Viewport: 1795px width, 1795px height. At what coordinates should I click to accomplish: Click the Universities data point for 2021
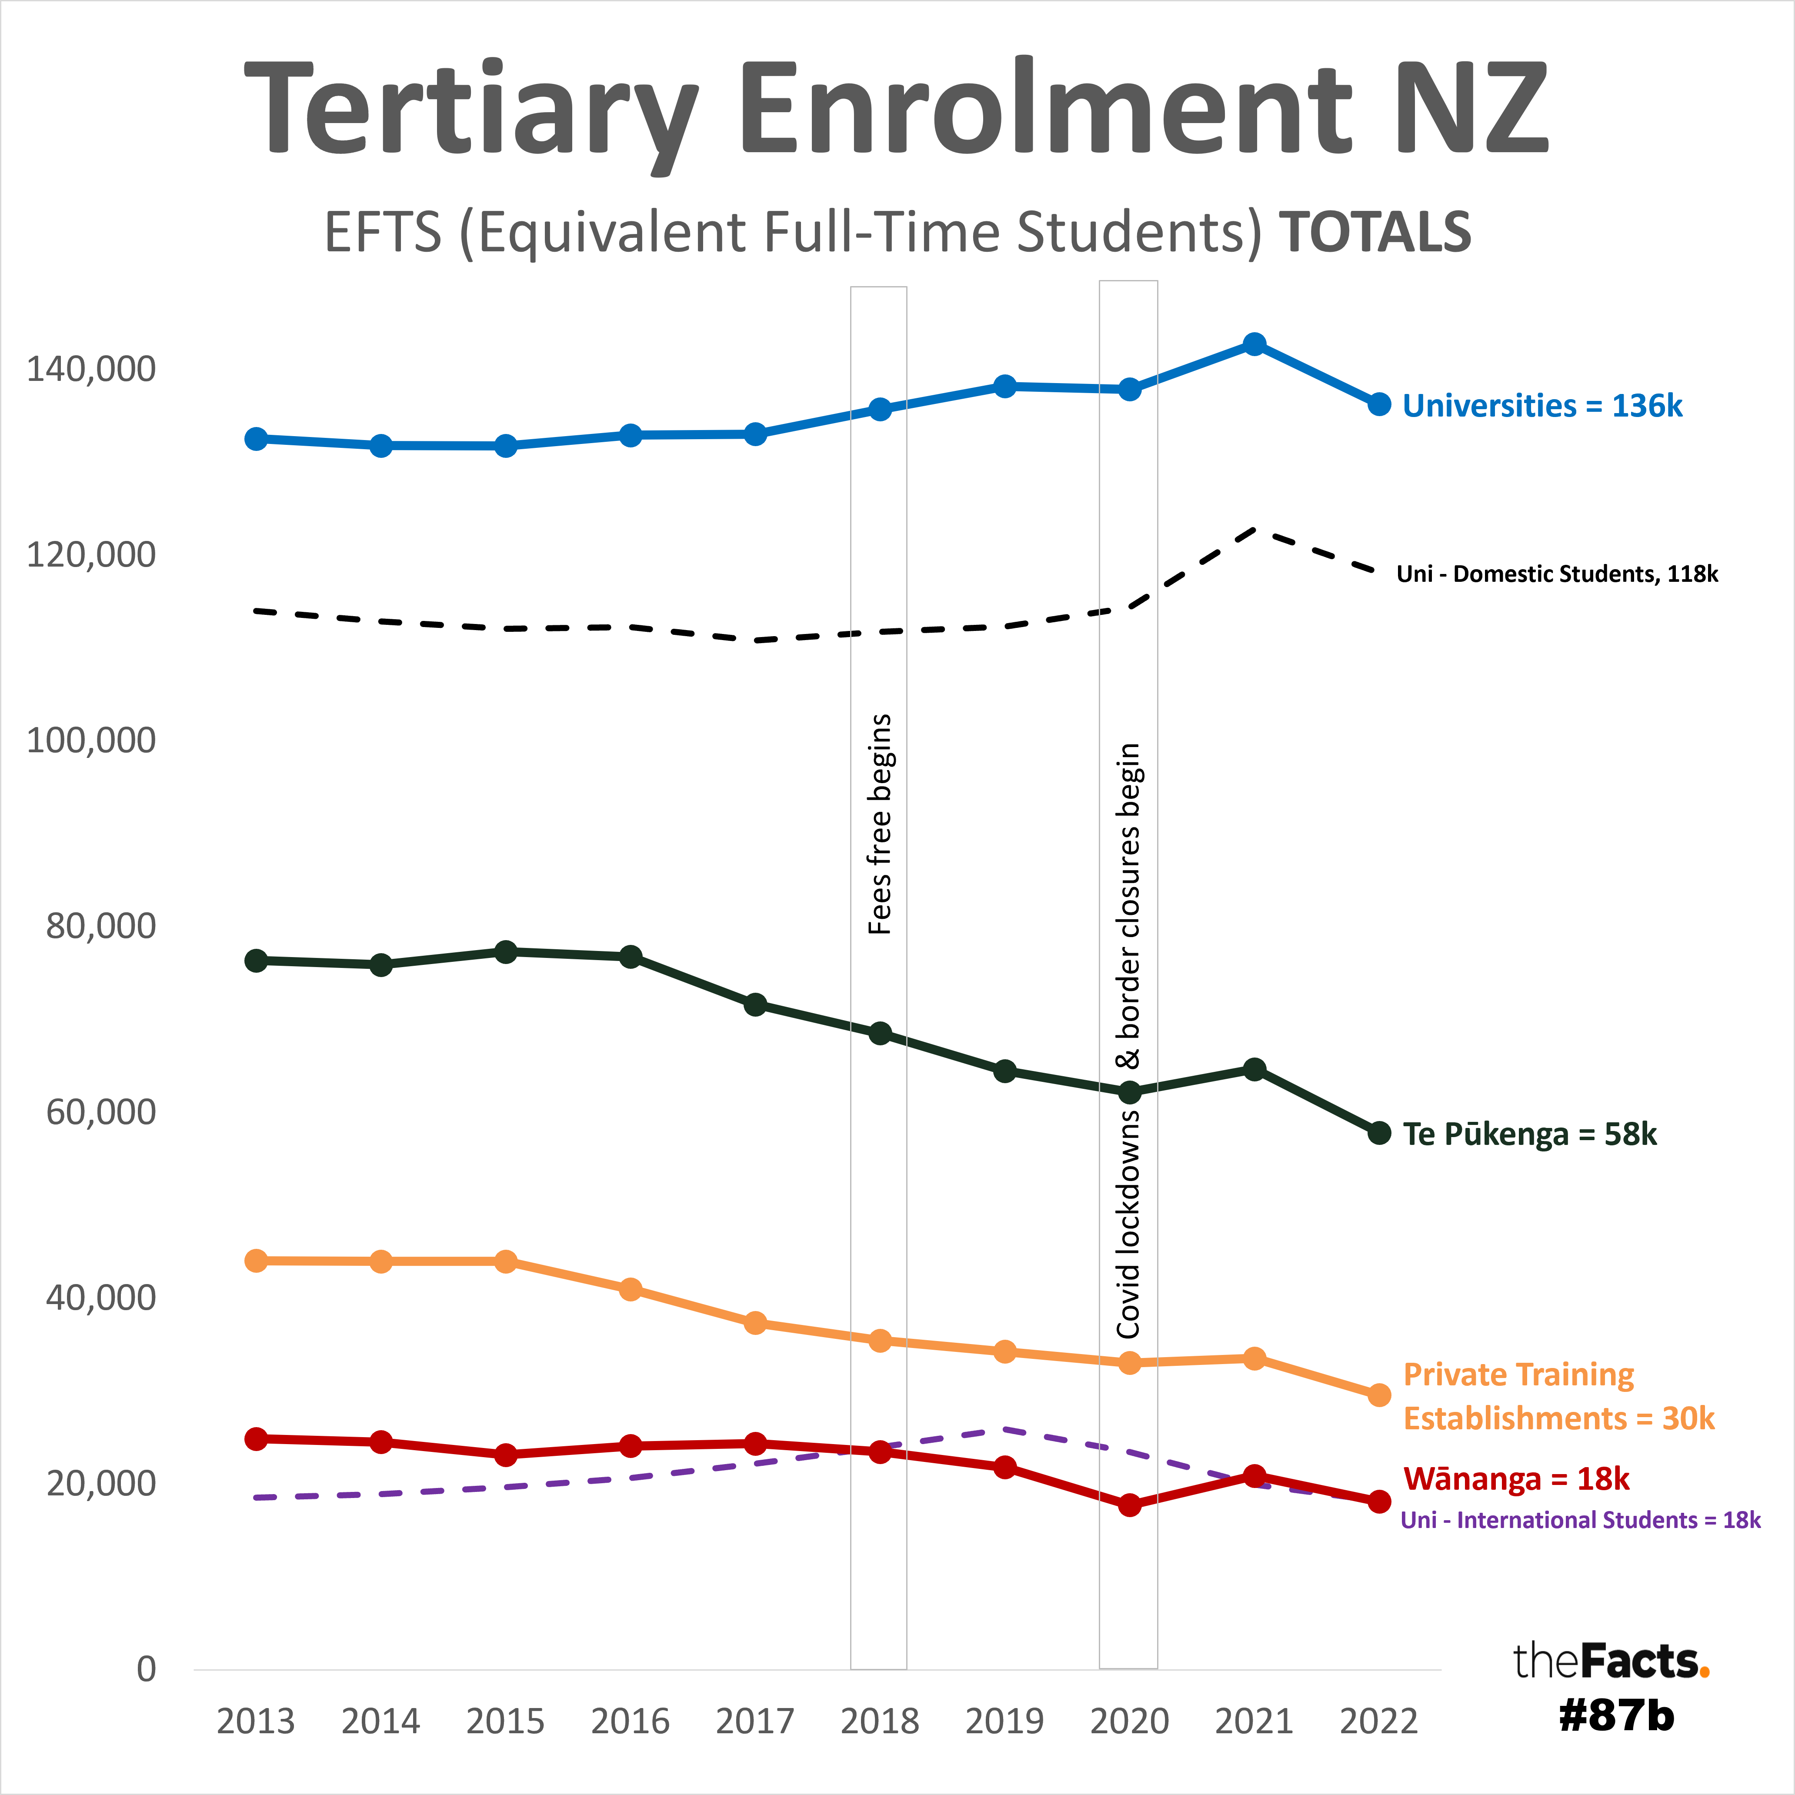(x=1254, y=344)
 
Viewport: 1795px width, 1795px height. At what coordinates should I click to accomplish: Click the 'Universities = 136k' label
(x=1542, y=406)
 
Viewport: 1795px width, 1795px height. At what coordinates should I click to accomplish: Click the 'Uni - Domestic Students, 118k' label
(x=1557, y=574)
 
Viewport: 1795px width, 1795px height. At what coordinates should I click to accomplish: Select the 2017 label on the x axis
(x=754, y=1722)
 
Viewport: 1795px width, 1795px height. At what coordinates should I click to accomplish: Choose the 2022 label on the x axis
(x=1379, y=1722)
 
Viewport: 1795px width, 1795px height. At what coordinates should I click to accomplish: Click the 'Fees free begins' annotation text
(x=879, y=824)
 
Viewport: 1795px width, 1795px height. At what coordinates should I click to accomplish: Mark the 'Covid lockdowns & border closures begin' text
(x=1128, y=1041)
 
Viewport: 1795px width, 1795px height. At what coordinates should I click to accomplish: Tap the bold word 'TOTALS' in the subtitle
(x=1375, y=232)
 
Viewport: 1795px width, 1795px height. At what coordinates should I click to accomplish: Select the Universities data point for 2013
(x=257, y=438)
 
